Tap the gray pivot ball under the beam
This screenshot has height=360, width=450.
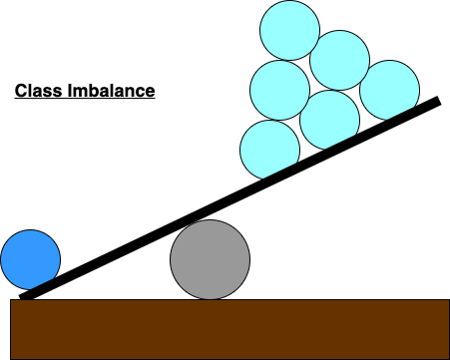click(209, 259)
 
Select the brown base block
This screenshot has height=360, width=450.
click(229, 328)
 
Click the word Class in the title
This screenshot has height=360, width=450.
click(36, 92)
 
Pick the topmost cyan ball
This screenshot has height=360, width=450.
click(288, 31)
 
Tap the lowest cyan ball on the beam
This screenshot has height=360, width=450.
click(269, 150)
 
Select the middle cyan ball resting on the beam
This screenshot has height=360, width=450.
click(328, 120)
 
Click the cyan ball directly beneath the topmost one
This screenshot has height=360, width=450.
click(279, 90)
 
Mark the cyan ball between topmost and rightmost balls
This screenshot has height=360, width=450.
click(339, 60)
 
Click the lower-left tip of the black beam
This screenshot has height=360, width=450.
click(22, 296)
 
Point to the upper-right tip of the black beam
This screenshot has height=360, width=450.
click(437, 100)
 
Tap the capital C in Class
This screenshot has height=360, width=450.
click(19, 92)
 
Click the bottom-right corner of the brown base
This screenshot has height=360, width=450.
click(448, 358)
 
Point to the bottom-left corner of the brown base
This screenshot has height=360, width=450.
click(11, 358)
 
